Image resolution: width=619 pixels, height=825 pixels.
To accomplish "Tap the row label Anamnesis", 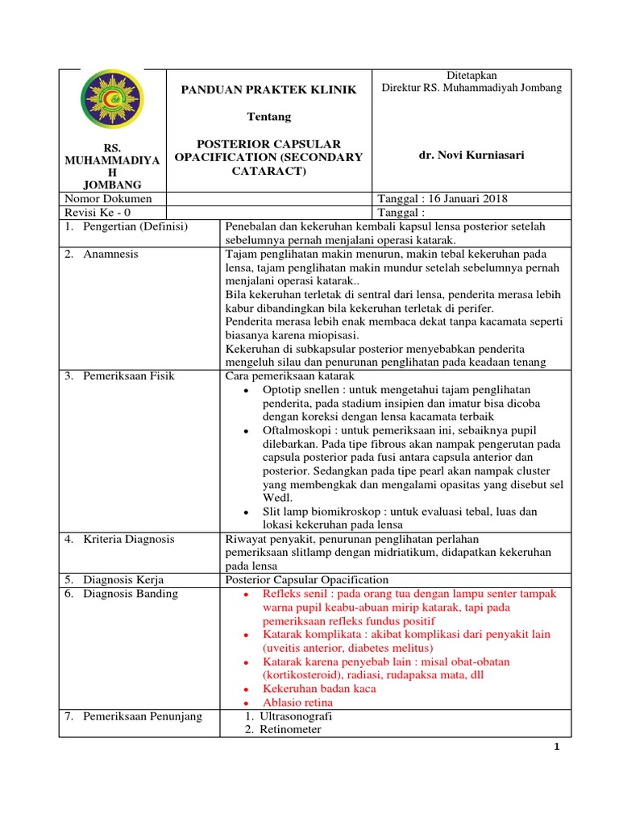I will click(x=110, y=254).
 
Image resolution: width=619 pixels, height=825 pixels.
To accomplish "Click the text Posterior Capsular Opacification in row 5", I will click(x=307, y=580).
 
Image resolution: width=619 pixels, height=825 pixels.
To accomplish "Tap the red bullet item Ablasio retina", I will click(x=297, y=702).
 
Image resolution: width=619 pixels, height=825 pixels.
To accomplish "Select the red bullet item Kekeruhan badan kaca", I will click(x=319, y=689).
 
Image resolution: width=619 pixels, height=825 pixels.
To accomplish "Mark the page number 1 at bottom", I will click(x=556, y=747).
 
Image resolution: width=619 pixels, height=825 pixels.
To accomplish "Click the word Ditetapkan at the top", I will click(x=472, y=75).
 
